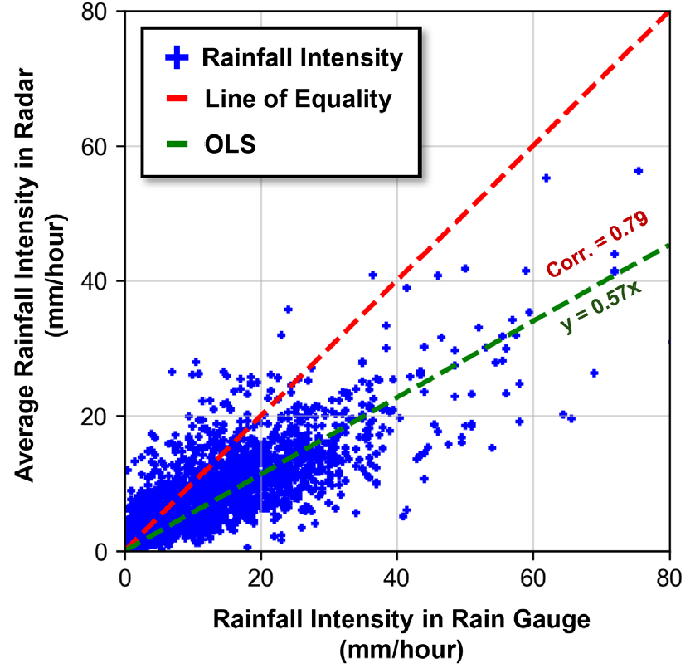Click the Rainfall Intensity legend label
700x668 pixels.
tap(302, 58)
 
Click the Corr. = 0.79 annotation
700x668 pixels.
tap(596, 244)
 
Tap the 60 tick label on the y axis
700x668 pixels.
tap(102, 147)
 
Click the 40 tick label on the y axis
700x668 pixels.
tap(102, 281)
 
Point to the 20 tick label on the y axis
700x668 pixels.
tap(102, 417)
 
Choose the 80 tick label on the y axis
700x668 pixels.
tap(102, 12)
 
